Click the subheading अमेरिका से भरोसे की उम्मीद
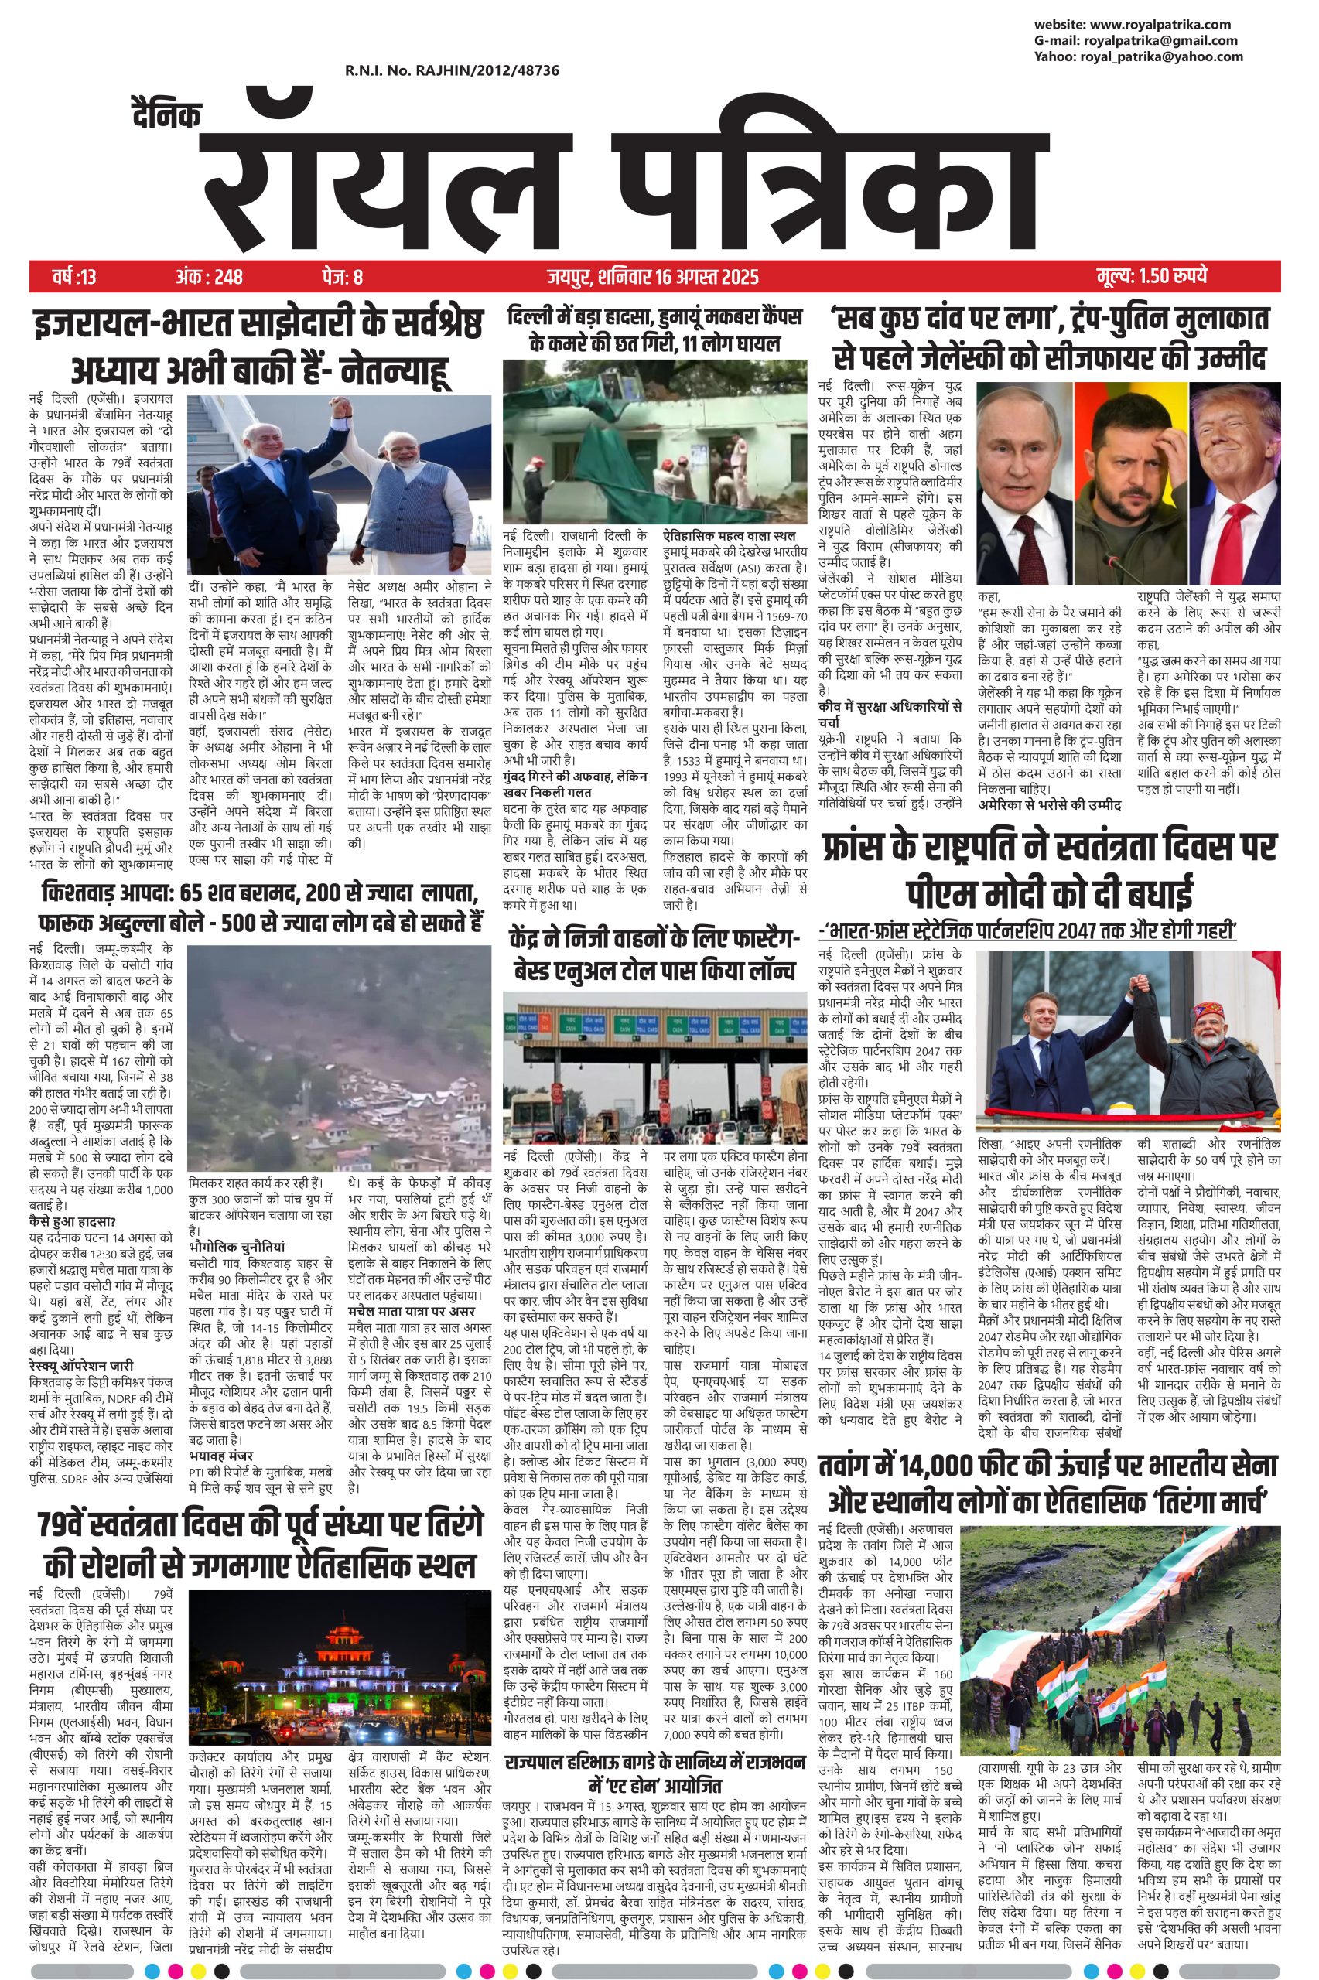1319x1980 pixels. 1050,804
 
